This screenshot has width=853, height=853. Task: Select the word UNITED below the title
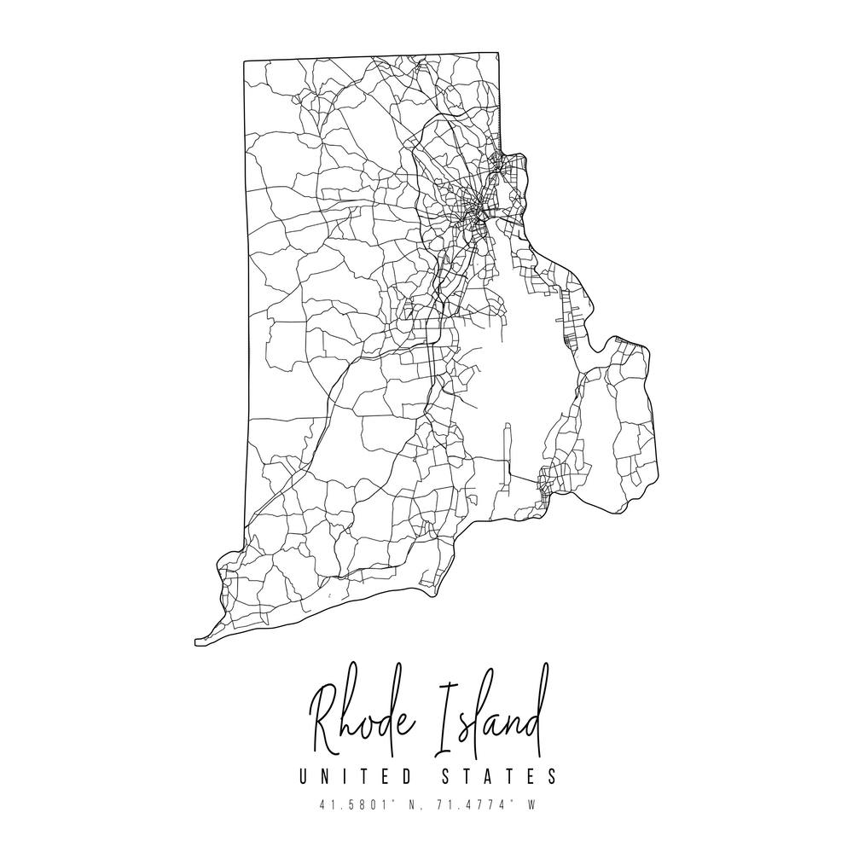tap(351, 777)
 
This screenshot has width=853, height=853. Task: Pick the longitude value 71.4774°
tap(466, 804)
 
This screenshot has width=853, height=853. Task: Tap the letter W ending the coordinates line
tap(531, 804)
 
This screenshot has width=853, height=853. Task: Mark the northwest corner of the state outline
tap(245, 61)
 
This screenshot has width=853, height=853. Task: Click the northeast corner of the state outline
tap(498, 55)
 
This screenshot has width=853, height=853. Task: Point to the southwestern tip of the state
tap(197, 640)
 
